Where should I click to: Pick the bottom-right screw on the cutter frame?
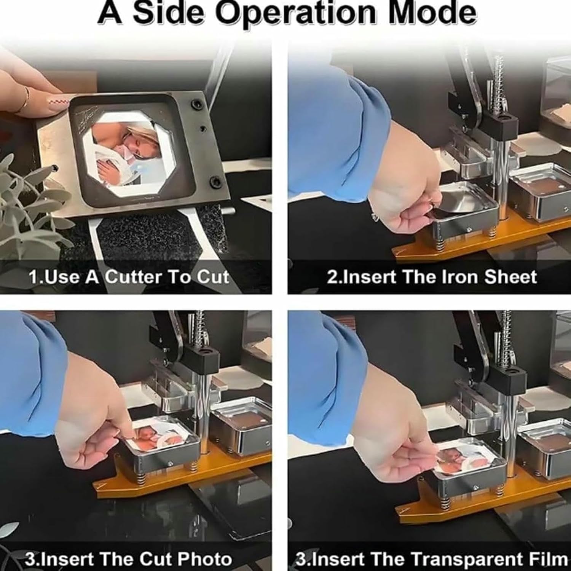tap(214, 180)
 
